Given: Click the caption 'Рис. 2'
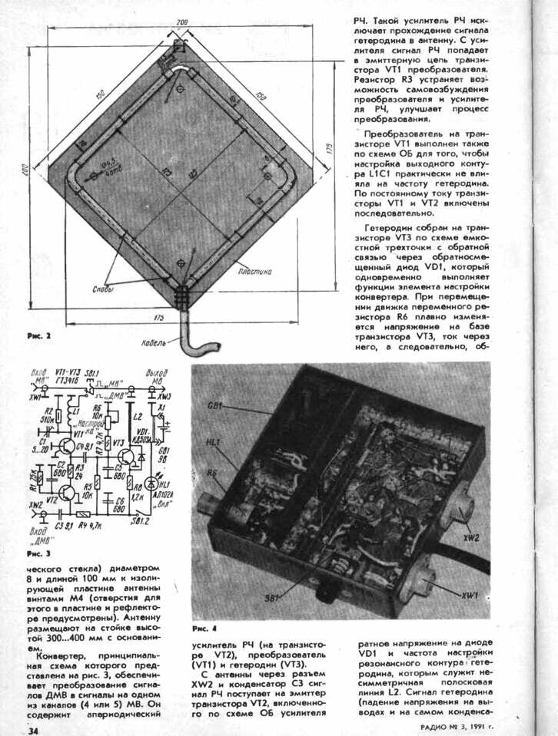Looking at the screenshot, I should [x=38, y=336].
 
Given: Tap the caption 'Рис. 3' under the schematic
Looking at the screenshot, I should [x=38, y=553].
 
